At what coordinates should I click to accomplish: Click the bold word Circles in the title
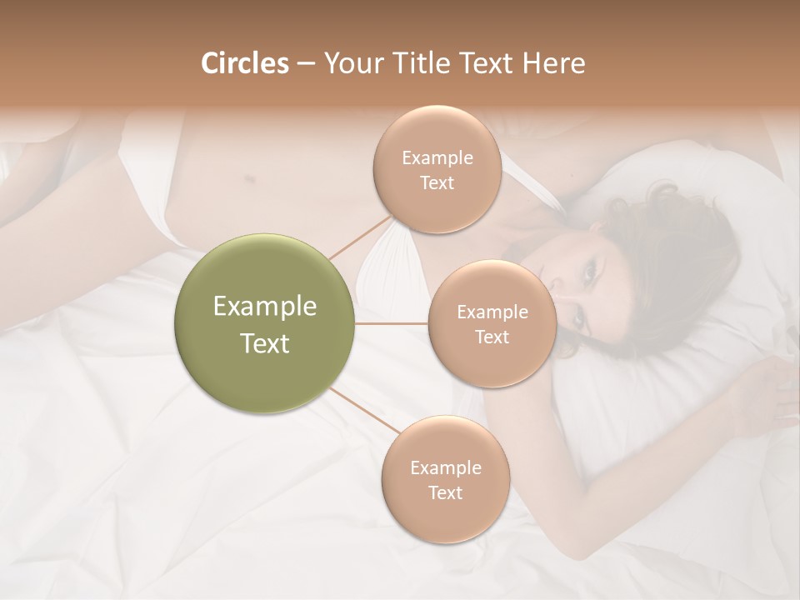point(244,63)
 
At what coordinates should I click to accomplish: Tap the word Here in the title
point(556,63)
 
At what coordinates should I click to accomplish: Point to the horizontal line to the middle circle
point(392,323)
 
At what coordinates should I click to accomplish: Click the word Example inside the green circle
point(265,307)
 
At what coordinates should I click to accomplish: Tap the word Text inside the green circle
point(265,343)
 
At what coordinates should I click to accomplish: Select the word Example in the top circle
point(437,158)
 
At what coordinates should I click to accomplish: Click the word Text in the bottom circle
point(445,492)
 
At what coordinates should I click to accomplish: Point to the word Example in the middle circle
point(492,312)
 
